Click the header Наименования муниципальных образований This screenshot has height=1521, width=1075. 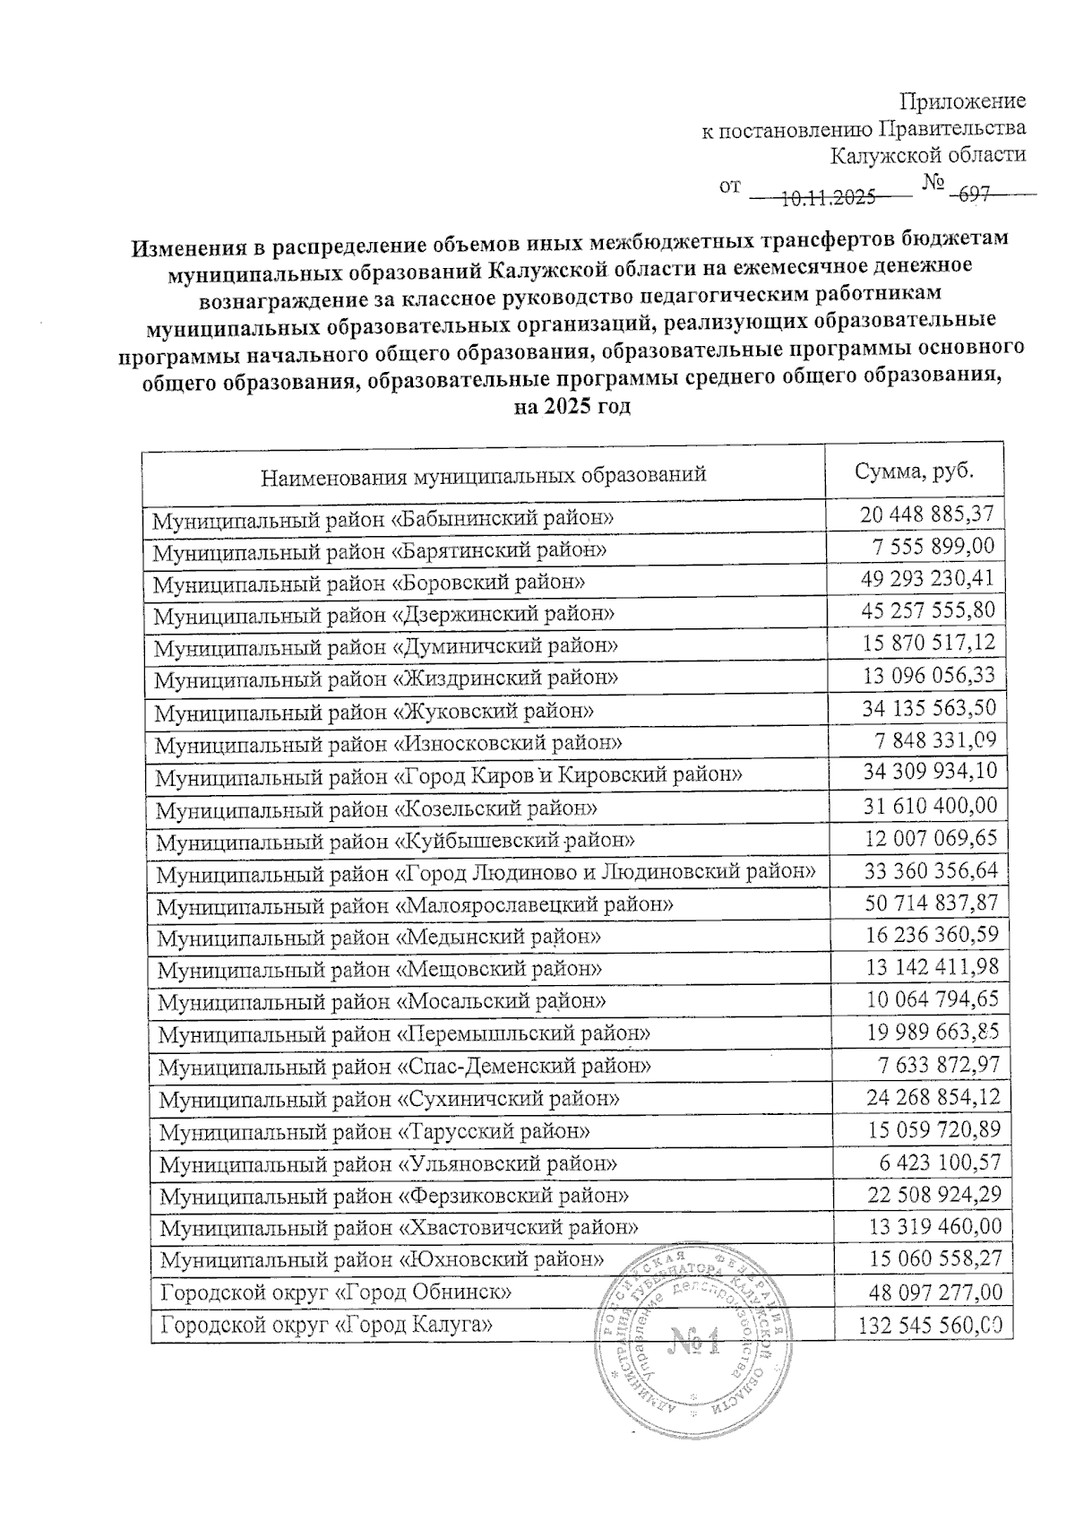(x=483, y=475)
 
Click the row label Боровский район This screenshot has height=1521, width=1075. (x=369, y=583)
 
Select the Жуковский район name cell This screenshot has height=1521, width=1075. (x=374, y=712)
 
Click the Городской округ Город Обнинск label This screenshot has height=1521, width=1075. (x=336, y=1292)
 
